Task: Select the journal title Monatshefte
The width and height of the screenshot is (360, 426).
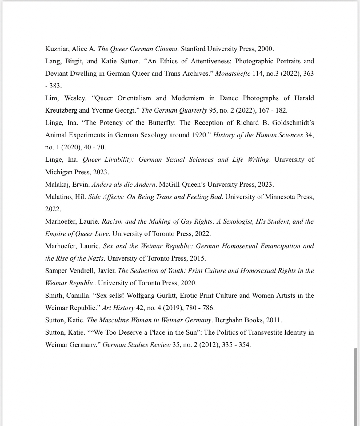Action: [x=233, y=74]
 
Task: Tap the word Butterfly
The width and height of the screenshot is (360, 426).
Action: [x=160, y=123]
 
